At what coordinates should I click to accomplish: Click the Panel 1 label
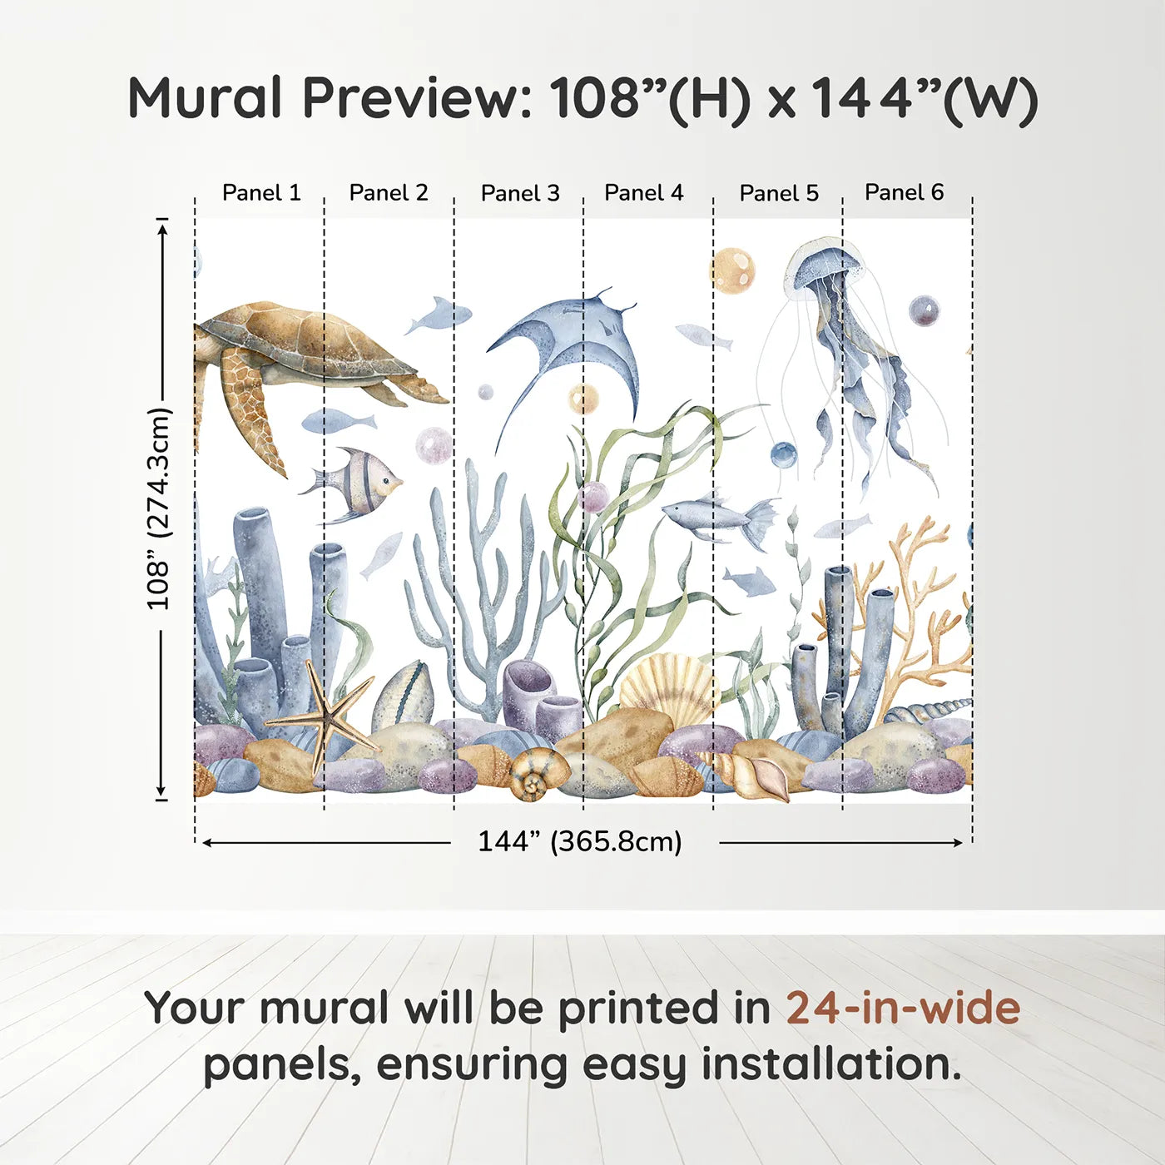point(261,193)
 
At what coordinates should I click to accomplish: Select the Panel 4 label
point(643,193)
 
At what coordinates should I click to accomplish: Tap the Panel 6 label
point(904,193)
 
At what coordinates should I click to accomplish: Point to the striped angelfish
point(358,483)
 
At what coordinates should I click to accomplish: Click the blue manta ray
point(574,341)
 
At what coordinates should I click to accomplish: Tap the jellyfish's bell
point(824,265)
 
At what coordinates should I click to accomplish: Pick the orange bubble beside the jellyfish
point(733,270)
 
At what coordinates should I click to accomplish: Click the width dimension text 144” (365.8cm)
point(579,842)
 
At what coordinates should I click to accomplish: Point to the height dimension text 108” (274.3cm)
point(159,509)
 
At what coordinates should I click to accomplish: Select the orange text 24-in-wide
point(903,1009)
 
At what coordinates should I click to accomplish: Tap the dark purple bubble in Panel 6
point(924,311)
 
